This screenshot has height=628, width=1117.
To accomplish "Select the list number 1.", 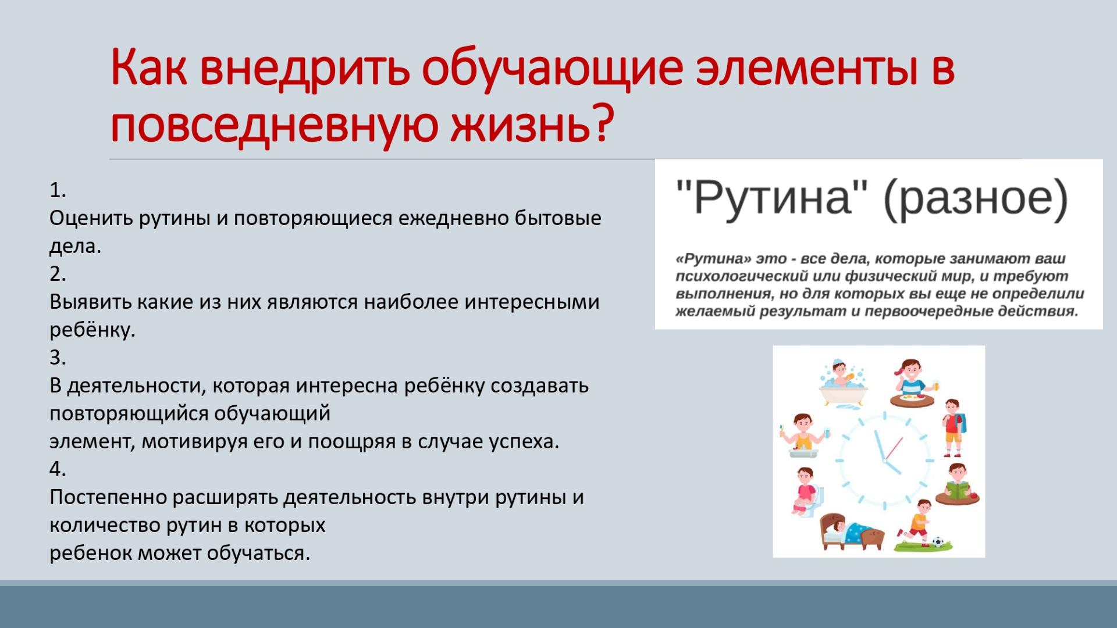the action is click(58, 190).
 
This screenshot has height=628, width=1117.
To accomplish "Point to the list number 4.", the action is click(58, 469).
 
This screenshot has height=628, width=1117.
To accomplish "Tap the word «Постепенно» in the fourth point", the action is click(108, 497).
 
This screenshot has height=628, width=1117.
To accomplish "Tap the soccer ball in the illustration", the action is click(938, 543).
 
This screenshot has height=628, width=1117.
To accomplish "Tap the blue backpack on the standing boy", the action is click(961, 423).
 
